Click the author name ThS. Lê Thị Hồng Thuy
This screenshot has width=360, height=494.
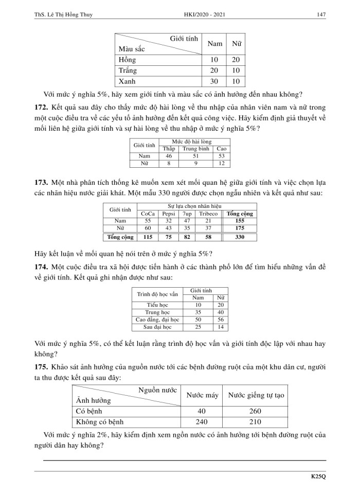(63, 7)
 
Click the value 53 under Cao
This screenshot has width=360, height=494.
(222, 156)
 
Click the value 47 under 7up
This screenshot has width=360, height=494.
(187, 221)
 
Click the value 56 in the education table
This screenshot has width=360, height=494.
(221, 320)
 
